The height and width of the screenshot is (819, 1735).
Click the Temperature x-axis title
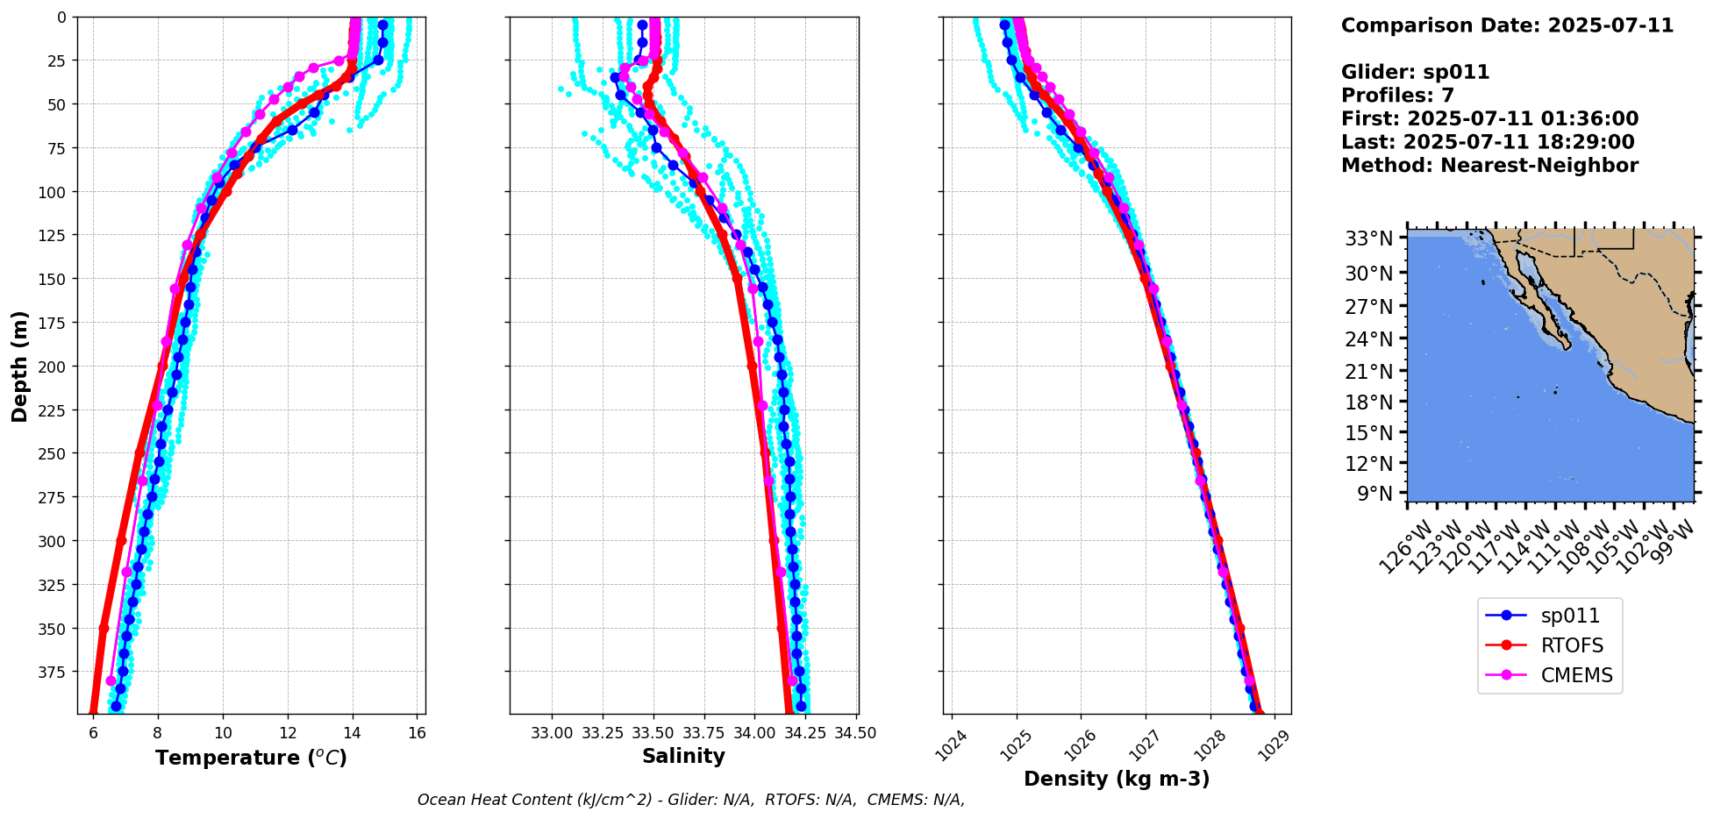251,758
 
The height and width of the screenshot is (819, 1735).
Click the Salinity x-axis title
683,756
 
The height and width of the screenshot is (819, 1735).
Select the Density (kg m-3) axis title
1117,779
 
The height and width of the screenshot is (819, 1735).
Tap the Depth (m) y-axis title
19,366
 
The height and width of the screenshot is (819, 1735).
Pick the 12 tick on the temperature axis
288,733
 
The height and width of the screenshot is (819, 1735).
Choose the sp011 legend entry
1570,616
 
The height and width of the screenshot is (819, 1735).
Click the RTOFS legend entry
1572,645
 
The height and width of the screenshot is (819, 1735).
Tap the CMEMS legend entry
1576,675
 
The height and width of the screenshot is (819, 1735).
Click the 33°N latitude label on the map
1369,239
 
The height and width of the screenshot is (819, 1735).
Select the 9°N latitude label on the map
1374,494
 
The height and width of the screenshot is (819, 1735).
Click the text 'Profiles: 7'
1397,96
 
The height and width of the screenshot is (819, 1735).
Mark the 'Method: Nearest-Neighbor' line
1489,166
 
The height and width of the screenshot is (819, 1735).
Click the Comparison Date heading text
1507,25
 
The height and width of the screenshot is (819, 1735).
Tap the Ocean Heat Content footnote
691,800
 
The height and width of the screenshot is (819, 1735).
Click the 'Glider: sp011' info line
1415,72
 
